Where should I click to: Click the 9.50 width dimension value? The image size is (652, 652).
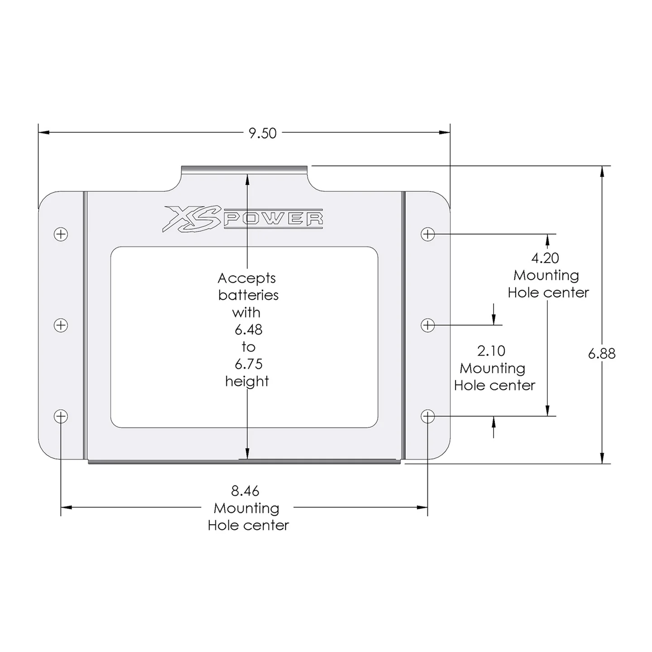[x=263, y=133]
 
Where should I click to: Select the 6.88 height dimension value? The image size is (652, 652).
[x=602, y=354]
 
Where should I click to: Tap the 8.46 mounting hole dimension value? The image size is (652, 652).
[x=245, y=491]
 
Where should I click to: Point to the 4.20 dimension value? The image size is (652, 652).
[x=545, y=259]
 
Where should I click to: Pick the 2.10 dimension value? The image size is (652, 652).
[x=491, y=351]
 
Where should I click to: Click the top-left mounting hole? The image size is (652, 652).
[x=61, y=234]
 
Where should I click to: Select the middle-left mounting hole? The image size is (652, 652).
[x=61, y=325]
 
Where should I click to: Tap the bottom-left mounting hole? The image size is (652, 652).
[x=61, y=417]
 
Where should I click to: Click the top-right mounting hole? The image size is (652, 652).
[x=428, y=234]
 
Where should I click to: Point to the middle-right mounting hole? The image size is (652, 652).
[x=428, y=325]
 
